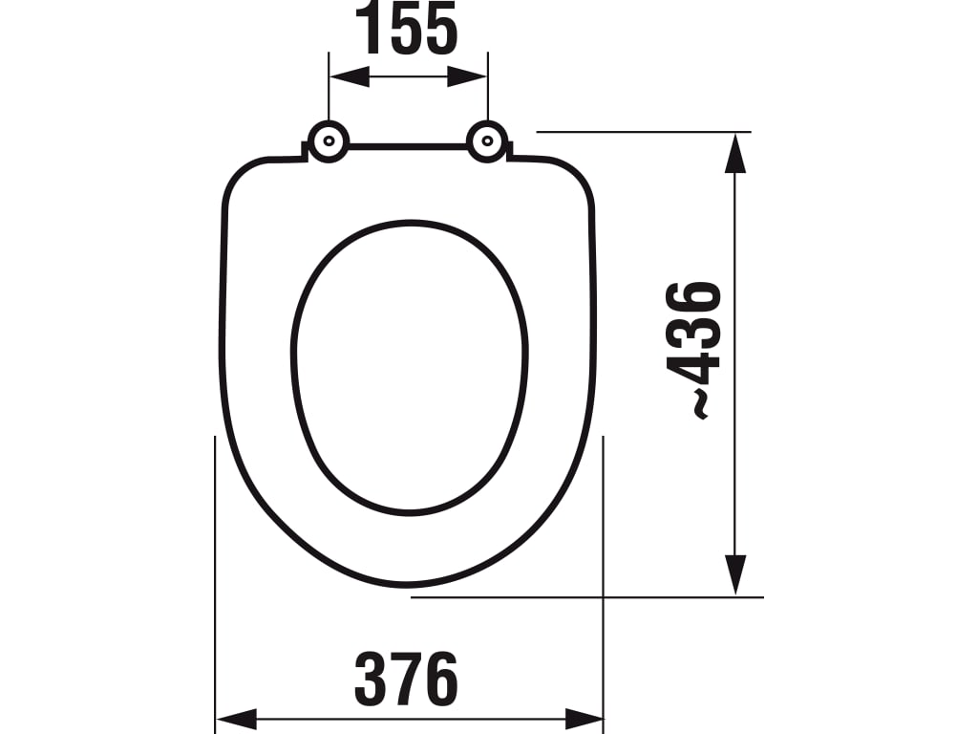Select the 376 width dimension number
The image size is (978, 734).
pos(407,680)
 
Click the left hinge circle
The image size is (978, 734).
pos(328,141)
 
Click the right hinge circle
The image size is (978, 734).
pos(487,141)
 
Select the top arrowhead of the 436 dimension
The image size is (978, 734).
pos(734,152)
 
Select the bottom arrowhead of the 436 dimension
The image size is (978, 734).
pos(734,575)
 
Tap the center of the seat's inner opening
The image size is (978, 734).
pos(410,368)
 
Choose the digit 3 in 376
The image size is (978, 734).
pos(372,680)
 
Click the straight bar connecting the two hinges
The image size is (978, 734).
pos(408,147)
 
